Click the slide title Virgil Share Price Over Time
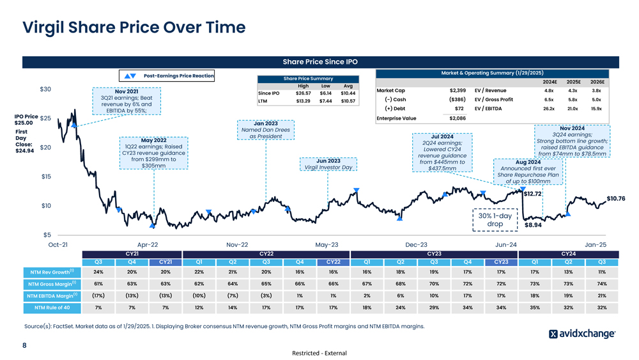click(x=134, y=27)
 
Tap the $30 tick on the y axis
click(x=45, y=89)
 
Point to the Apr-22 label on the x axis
click(x=148, y=244)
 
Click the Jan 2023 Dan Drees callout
click(x=266, y=130)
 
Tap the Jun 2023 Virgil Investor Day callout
click(x=328, y=164)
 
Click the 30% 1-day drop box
click(x=495, y=220)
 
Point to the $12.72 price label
click(x=533, y=194)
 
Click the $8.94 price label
click(x=533, y=225)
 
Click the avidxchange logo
click(x=582, y=334)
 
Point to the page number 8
click(x=24, y=346)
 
